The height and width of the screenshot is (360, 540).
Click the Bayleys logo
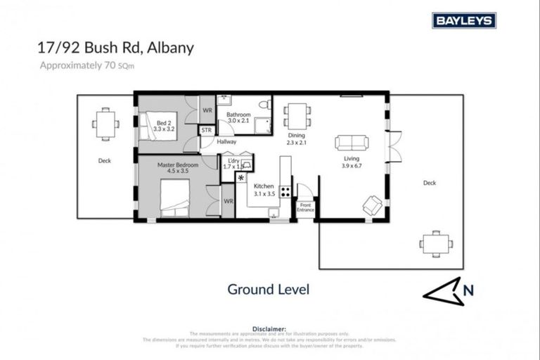464,20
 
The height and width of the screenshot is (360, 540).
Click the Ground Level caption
268,289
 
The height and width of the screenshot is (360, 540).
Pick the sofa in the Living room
352,142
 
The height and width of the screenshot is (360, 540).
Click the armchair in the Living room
372,205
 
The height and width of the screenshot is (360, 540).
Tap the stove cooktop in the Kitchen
285,191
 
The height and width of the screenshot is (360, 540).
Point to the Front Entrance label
306,207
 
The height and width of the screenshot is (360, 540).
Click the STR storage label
207,131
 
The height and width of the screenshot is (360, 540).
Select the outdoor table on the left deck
105,123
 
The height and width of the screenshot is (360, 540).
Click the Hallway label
226,142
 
